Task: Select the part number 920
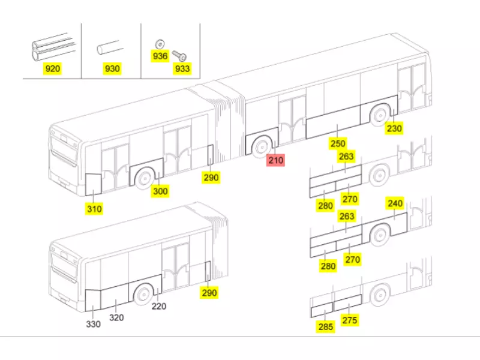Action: [x=53, y=69]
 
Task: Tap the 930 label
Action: [x=112, y=69]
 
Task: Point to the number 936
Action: [x=160, y=56]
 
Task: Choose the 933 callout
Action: [x=182, y=69]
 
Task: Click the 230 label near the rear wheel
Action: [x=394, y=128]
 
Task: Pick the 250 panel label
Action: [x=338, y=143]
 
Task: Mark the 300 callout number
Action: [x=160, y=191]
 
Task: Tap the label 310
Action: [x=94, y=209]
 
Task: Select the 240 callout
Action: [x=395, y=203]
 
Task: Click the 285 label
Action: [x=325, y=327]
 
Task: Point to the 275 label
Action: [x=350, y=320]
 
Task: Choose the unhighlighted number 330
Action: [x=93, y=324]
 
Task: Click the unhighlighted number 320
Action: [x=116, y=317]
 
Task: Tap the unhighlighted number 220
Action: [x=158, y=306]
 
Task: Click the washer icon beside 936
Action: [x=159, y=43]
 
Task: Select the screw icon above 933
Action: [x=179, y=56]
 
